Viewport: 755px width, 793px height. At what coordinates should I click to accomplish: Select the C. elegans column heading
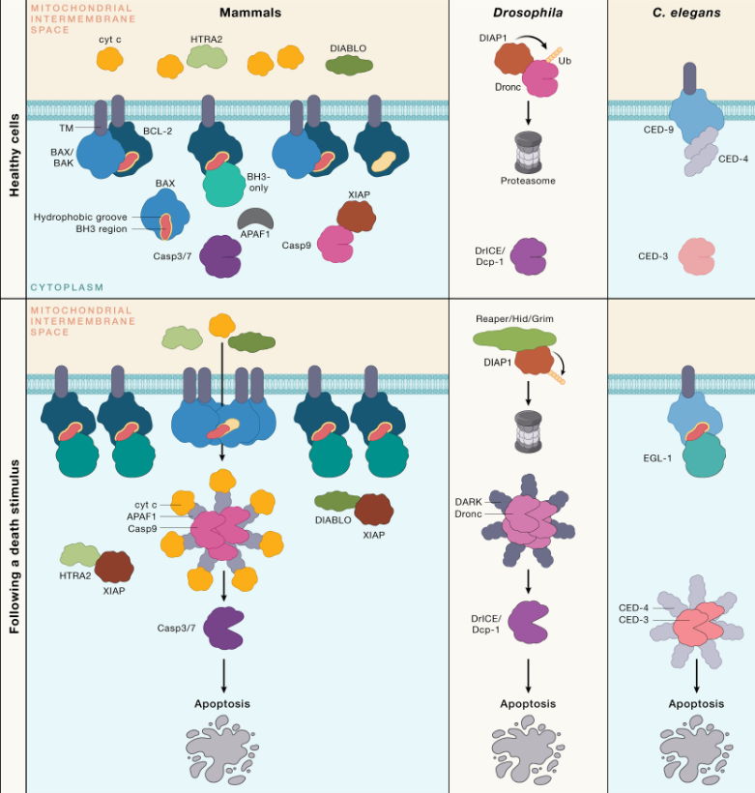tap(681, 13)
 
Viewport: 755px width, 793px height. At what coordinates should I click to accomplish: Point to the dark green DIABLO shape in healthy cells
tap(350, 64)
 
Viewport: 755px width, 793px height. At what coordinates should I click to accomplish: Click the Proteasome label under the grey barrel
tap(527, 182)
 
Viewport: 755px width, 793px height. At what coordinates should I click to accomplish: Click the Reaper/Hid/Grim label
tap(512, 318)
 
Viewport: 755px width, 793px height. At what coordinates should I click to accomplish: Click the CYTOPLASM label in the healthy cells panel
tap(70, 287)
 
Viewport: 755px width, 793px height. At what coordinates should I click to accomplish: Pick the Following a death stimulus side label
tap(15, 547)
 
